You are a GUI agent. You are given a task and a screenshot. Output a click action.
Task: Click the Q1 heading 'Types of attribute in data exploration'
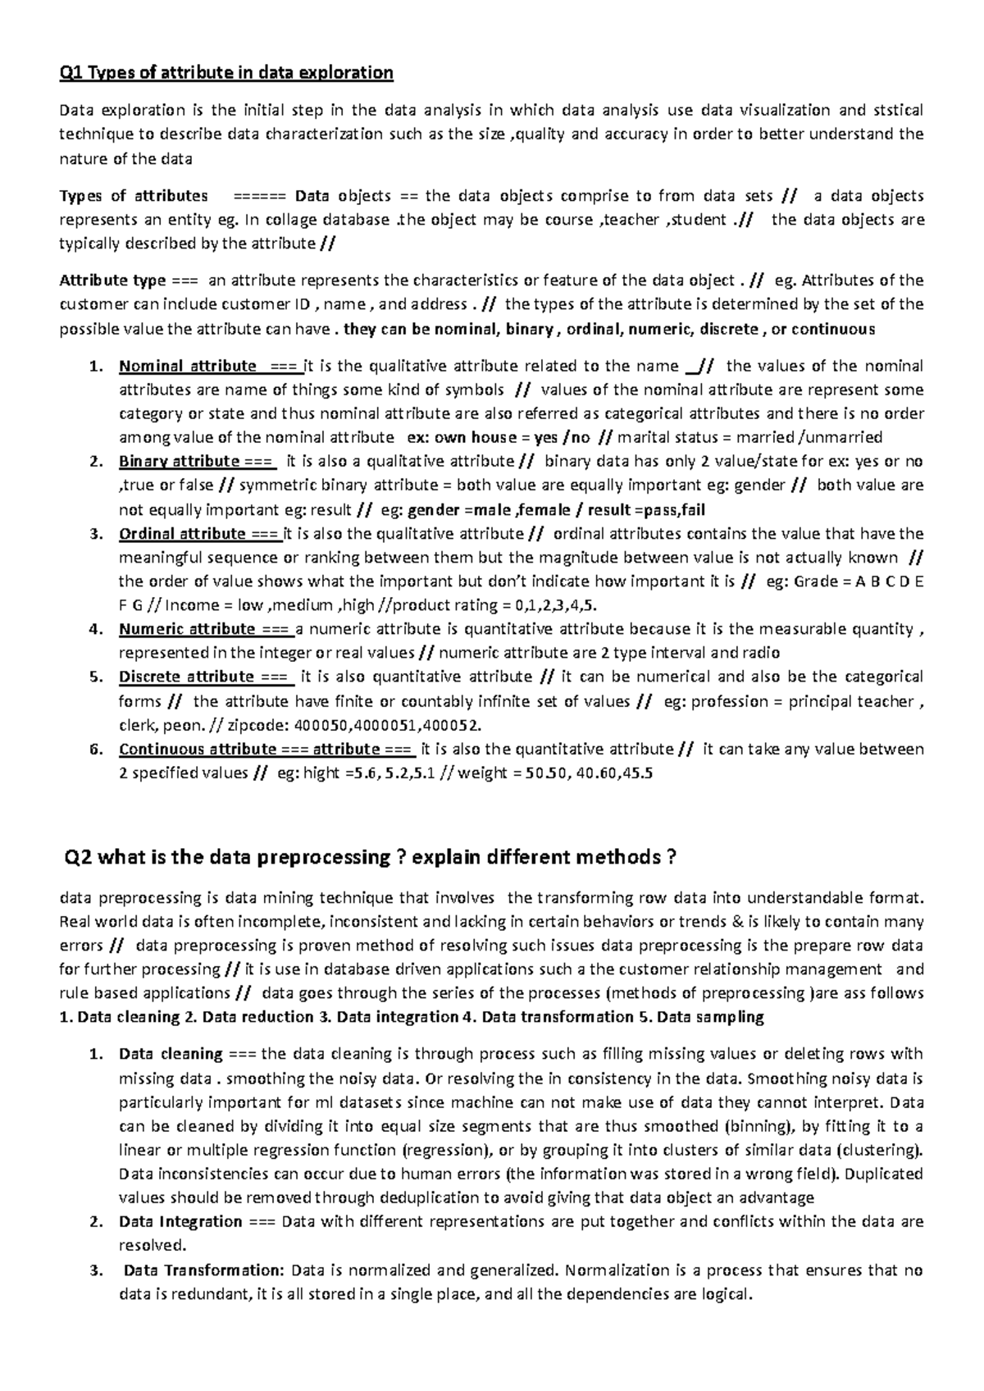point(226,73)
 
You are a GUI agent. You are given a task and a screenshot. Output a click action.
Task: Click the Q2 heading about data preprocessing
point(370,857)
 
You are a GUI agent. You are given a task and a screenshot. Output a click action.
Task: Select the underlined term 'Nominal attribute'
point(188,366)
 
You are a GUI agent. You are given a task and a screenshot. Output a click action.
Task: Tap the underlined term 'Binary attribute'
point(179,461)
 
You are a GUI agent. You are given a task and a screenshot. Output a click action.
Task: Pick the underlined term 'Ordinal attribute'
point(182,534)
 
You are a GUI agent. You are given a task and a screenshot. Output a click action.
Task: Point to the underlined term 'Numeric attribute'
point(187,629)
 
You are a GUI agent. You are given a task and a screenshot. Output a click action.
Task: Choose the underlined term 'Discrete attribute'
point(186,677)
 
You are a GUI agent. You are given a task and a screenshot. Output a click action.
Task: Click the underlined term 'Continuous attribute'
point(198,749)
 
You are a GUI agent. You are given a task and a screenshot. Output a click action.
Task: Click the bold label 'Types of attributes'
point(134,196)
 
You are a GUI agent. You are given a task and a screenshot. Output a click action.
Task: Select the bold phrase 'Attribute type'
point(112,280)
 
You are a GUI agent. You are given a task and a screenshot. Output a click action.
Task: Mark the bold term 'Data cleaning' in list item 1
point(171,1054)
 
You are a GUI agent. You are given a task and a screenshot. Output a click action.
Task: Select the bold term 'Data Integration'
point(180,1222)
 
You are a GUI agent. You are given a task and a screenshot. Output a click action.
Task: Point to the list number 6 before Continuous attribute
point(96,750)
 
